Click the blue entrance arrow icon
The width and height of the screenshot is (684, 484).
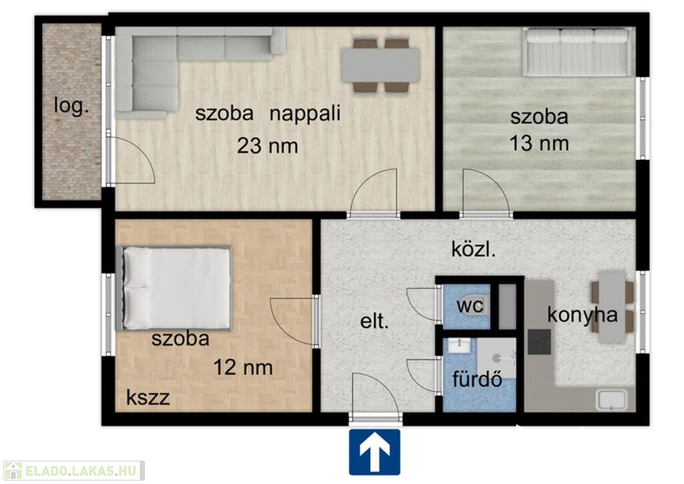[374, 452]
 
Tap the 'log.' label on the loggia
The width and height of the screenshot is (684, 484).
[71, 106]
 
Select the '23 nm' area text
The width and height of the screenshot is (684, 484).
[267, 145]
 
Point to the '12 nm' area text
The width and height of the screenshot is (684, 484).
[243, 367]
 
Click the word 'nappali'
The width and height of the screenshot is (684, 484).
[305, 114]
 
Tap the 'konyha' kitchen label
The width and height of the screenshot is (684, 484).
[582, 314]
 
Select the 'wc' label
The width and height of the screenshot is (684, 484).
[470, 305]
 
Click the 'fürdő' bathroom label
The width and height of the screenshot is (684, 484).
[477, 379]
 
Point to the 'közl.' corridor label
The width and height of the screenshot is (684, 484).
[474, 249]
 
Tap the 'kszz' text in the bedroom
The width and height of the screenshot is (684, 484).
[148, 398]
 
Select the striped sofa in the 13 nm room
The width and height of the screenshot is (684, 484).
[576, 52]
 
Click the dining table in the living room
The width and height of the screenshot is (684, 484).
[380, 65]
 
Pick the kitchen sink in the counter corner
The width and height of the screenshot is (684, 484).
[612, 399]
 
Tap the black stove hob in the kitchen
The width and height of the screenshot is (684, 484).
[539, 342]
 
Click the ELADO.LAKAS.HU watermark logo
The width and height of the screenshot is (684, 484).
[73, 471]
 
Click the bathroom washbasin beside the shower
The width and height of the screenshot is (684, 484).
[459, 346]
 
